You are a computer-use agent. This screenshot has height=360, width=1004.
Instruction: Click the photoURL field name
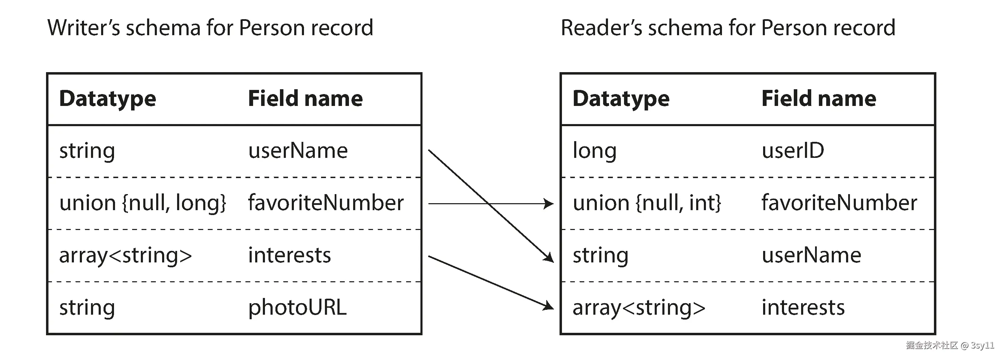point(297,307)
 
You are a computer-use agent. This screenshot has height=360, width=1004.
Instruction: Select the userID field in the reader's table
point(793,151)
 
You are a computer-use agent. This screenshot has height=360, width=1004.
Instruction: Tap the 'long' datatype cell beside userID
point(594,151)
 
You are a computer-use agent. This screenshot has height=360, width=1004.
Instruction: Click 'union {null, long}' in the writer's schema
point(143,203)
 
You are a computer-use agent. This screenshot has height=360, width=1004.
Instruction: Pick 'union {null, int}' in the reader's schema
point(647,203)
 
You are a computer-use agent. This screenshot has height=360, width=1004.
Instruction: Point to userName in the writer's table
point(298,151)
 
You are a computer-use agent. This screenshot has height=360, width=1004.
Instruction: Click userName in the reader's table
point(811,255)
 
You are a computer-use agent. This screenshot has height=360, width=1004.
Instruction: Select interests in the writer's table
point(289,255)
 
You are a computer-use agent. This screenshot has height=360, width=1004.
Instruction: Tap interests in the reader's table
point(803,307)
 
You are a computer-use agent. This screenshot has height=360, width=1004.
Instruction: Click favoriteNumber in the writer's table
point(326,203)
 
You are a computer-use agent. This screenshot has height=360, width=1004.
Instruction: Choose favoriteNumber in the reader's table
point(839,203)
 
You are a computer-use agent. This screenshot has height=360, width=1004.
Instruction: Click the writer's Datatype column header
point(108,99)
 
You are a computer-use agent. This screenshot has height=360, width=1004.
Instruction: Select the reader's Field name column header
point(819,99)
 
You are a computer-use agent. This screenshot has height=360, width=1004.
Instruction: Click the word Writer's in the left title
point(83,28)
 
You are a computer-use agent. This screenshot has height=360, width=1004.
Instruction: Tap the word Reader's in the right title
point(601,28)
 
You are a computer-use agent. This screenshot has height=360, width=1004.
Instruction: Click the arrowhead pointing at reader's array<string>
point(549,306)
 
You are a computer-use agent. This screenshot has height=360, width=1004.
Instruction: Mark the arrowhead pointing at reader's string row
point(549,258)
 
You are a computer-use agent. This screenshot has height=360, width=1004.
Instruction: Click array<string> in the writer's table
point(125,255)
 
